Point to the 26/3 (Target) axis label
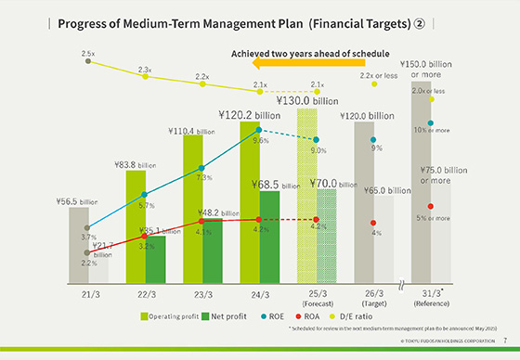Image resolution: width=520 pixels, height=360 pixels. tap(372, 298)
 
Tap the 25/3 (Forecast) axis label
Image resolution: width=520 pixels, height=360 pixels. tap(315, 298)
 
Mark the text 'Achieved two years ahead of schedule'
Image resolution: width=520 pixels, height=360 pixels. tap(310, 53)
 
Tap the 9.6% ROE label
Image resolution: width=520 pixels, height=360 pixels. tap(260, 141)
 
